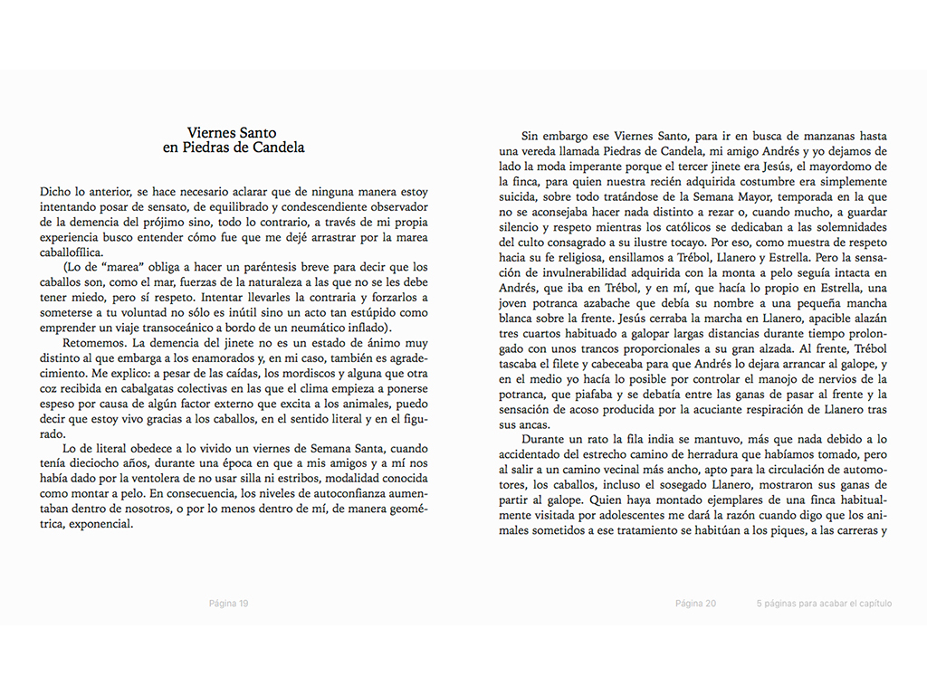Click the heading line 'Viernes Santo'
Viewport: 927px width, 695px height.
(234, 133)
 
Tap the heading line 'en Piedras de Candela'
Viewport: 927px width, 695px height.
(234, 148)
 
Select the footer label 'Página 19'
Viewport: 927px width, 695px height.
(228, 604)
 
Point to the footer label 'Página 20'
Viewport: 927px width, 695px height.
(696, 604)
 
